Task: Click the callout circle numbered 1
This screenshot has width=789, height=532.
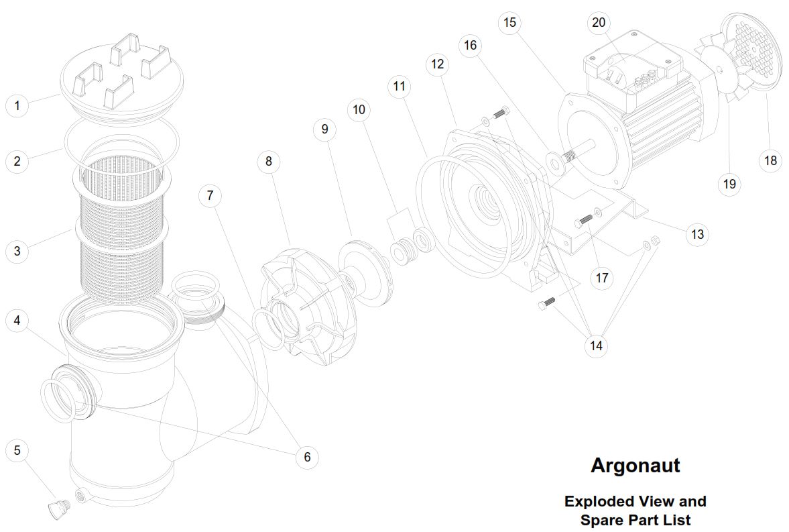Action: pyautogui.click(x=17, y=105)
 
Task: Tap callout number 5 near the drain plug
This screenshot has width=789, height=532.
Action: pyautogui.click(x=17, y=450)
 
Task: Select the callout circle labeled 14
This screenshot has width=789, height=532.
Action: pyautogui.click(x=596, y=346)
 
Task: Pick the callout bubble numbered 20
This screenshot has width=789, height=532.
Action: pyautogui.click(x=599, y=23)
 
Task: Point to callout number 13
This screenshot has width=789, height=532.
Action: pyautogui.click(x=697, y=234)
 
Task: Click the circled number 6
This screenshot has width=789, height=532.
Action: pyautogui.click(x=307, y=457)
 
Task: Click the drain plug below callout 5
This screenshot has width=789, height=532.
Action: pyautogui.click(x=56, y=509)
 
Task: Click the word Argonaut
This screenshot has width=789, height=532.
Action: pyautogui.click(x=635, y=466)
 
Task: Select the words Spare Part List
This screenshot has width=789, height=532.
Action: pyautogui.click(x=635, y=519)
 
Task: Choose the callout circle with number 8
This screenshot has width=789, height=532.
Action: pyautogui.click(x=269, y=161)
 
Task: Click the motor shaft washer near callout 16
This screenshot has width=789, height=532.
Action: pyautogui.click(x=554, y=161)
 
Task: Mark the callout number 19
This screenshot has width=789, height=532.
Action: pyautogui.click(x=729, y=183)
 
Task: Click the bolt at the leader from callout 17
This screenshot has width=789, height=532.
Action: pyautogui.click(x=585, y=220)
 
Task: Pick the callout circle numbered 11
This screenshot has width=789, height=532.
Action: pyautogui.click(x=400, y=86)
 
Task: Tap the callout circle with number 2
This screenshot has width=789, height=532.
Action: pyautogui.click(x=17, y=161)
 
